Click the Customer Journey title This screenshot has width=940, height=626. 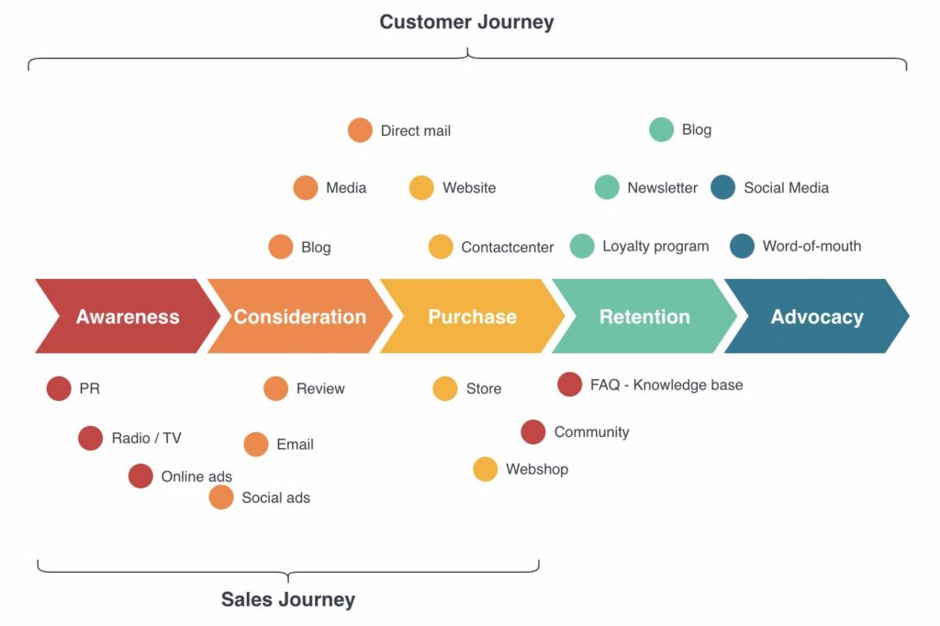tap(466, 22)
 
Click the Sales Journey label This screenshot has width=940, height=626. tap(287, 600)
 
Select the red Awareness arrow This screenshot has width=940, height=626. tap(127, 317)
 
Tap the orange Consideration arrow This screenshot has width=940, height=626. tap(299, 317)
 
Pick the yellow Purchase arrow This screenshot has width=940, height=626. tap(472, 317)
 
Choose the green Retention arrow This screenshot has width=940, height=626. tap(644, 317)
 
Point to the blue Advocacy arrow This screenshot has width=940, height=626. tap(816, 317)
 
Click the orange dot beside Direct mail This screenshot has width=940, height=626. tap(360, 130)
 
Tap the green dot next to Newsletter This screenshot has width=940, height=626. tap(607, 187)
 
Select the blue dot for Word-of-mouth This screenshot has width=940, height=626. tap(742, 246)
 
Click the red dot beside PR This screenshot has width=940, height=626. tap(59, 389)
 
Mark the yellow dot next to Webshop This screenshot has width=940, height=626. tap(486, 469)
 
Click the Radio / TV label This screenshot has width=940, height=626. tap(146, 439)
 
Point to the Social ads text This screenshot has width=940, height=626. tap(275, 497)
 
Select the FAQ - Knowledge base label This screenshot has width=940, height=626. tap(666, 385)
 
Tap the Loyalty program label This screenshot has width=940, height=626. tap(655, 246)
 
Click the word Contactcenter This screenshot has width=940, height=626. tap(508, 247)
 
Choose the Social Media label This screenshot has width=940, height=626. tap(786, 187)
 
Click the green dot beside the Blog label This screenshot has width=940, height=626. tap(661, 129)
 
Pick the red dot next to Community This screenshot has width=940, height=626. tap(533, 431)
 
